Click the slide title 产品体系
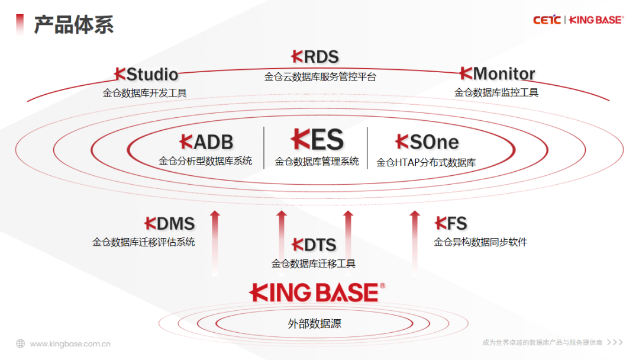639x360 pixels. [x=73, y=25]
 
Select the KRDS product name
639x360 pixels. [x=315, y=57]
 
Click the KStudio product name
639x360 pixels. [x=146, y=75]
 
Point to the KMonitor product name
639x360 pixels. [x=497, y=74]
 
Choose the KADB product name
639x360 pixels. [x=206, y=142]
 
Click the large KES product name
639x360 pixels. [x=317, y=140]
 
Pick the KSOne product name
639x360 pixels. [x=427, y=142]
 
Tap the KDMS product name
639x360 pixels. [x=170, y=224]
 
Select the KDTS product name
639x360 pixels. [x=315, y=245]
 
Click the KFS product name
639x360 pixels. [x=451, y=223]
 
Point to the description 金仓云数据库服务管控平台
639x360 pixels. [x=319, y=77]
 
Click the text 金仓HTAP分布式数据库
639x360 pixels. [x=426, y=162]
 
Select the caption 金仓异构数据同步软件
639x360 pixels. [x=480, y=242]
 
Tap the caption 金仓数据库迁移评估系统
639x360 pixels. [x=143, y=242]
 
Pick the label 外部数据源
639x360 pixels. [x=314, y=324]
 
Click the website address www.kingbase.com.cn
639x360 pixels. [x=70, y=343]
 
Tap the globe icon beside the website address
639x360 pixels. [x=21, y=343]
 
